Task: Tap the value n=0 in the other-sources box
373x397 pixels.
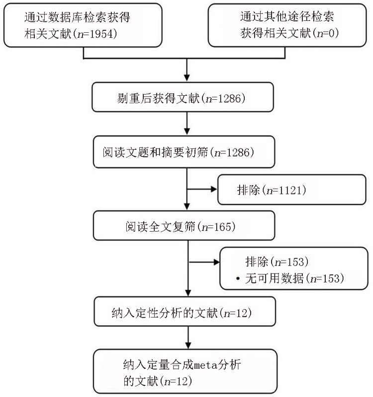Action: (325, 33)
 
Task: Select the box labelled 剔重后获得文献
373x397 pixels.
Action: (183, 97)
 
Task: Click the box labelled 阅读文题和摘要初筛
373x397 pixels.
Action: (184, 152)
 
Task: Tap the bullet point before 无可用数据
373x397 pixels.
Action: (238, 279)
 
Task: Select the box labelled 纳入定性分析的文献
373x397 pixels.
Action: (185, 312)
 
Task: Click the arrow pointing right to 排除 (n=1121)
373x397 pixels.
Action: (202, 189)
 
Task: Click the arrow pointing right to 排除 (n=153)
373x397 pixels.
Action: (204, 262)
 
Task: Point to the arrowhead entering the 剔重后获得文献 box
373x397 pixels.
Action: (187, 78)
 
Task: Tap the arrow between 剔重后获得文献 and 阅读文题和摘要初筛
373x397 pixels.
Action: (187, 123)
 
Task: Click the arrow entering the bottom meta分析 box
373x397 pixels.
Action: (188, 337)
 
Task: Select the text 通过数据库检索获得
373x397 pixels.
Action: (77, 17)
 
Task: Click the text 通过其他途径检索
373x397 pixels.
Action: (287, 17)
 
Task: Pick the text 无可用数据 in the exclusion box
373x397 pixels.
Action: (275, 278)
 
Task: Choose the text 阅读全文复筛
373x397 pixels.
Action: (160, 226)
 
